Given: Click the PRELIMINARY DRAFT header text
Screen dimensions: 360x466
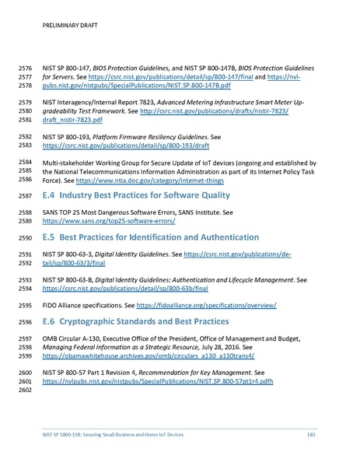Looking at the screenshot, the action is tap(66, 24).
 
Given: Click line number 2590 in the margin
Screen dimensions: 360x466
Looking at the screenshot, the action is tap(26, 237).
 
